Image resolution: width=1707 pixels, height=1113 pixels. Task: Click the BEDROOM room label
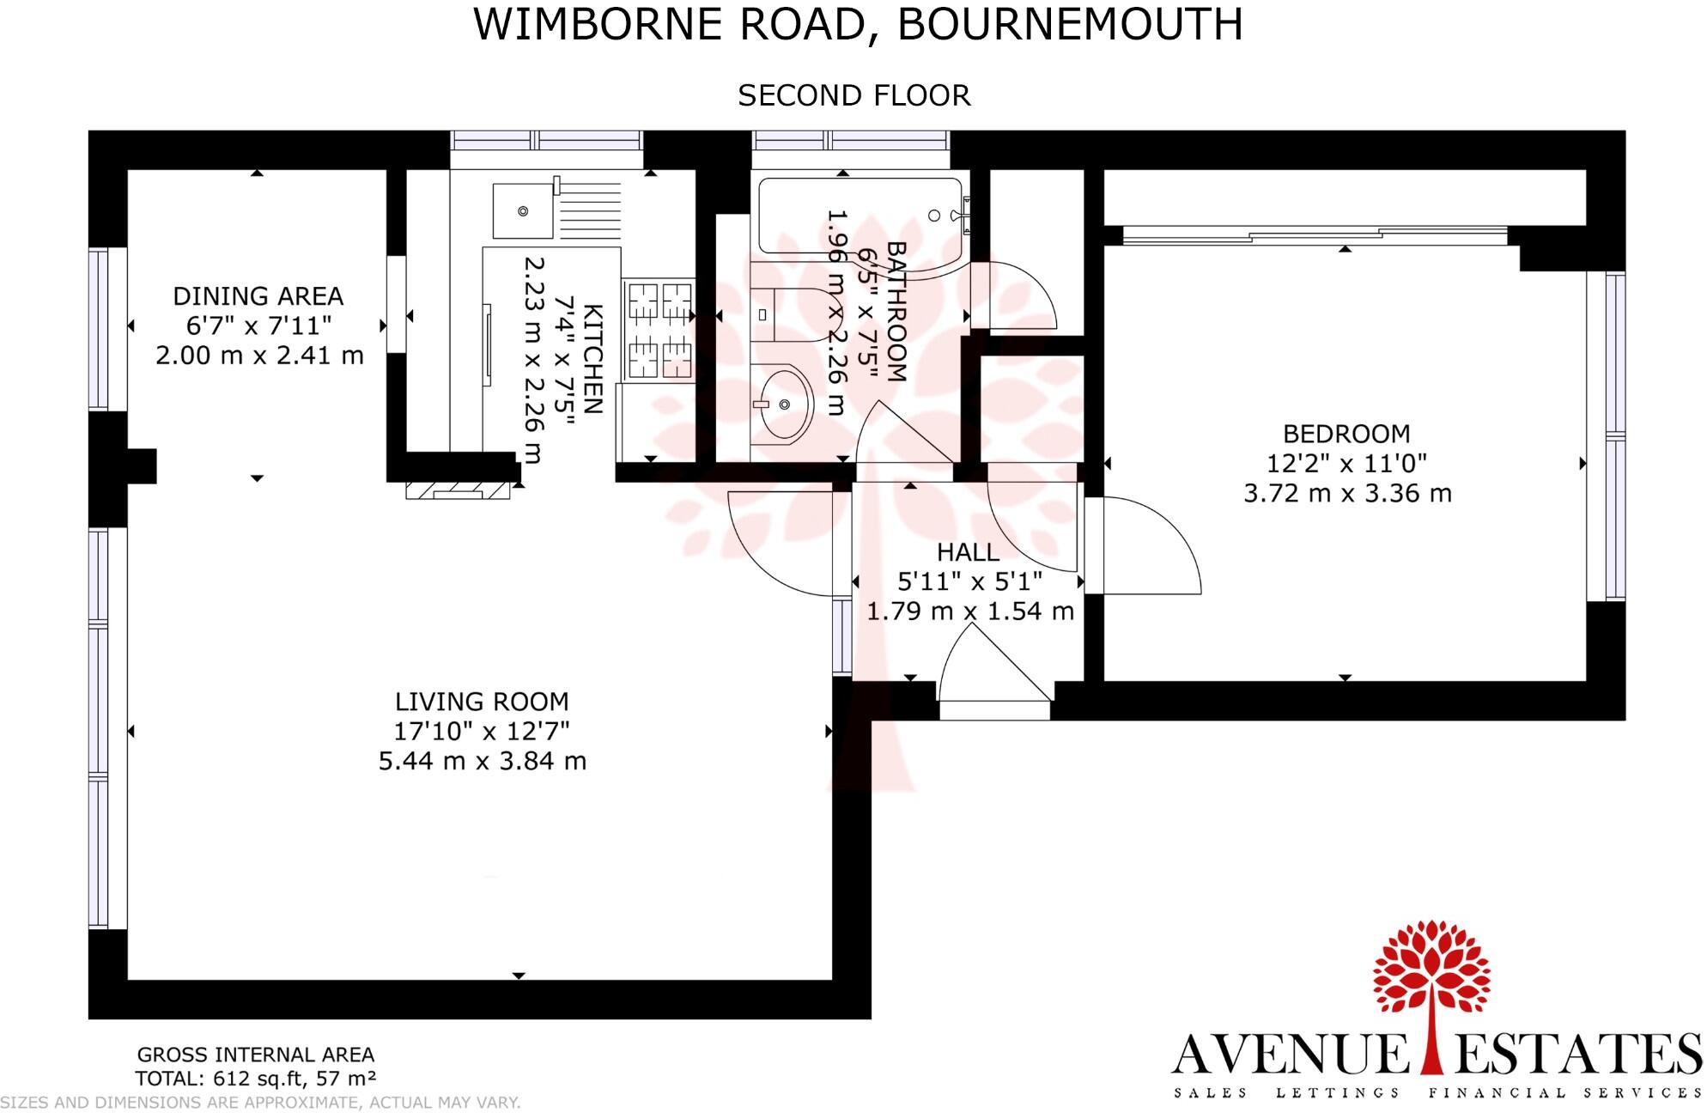click(1346, 434)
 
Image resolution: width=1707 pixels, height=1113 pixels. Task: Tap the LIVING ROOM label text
click(482, 702)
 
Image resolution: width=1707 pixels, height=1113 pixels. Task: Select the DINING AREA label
click(258, 296)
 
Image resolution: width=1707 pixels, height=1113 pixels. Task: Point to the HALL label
click(968, 552)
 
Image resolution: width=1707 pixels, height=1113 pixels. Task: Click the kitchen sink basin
click(522, 211)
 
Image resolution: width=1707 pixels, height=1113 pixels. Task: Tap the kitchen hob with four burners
click(659, 330)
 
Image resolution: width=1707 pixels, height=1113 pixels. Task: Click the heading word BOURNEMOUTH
click(1070, 24)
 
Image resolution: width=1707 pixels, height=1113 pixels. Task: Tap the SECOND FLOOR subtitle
click(853, 95)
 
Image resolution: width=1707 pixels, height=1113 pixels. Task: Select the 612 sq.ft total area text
click(256, 1078)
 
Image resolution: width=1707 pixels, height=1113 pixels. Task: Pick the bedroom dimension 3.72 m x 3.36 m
click(1347, 494)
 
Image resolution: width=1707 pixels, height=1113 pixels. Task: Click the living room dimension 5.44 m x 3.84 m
click(482, 762)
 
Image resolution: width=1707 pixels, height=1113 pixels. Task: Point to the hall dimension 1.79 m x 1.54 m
click(969, 611)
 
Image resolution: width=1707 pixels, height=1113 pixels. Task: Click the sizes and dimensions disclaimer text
click(260, 1103)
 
